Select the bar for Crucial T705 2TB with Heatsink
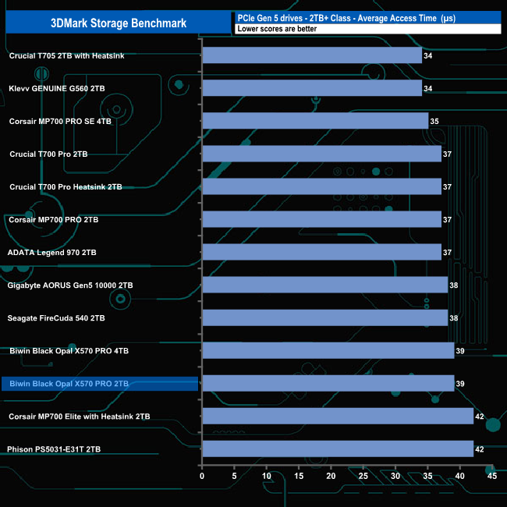coord(312,55)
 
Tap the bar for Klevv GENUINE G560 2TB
coord(312,88)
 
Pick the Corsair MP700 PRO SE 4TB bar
coord(315,121)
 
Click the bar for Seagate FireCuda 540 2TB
coord(324,317)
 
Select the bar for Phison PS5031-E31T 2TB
coord(338,448)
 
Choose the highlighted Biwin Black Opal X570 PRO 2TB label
coord(69,384)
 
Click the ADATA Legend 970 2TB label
coord(51,253)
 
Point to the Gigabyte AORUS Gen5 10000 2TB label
coord(70,285)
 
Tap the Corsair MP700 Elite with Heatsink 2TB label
coord(80,417)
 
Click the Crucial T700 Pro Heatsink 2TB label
coord(66,187)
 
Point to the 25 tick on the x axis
coord(363,476)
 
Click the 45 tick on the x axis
coord(491,476)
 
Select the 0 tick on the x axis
coord(202,476)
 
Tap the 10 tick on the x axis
coord(266,476)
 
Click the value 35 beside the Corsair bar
coord(434,122)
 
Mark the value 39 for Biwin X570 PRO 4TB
coord(460,351)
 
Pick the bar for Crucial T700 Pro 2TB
coord(321,154)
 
